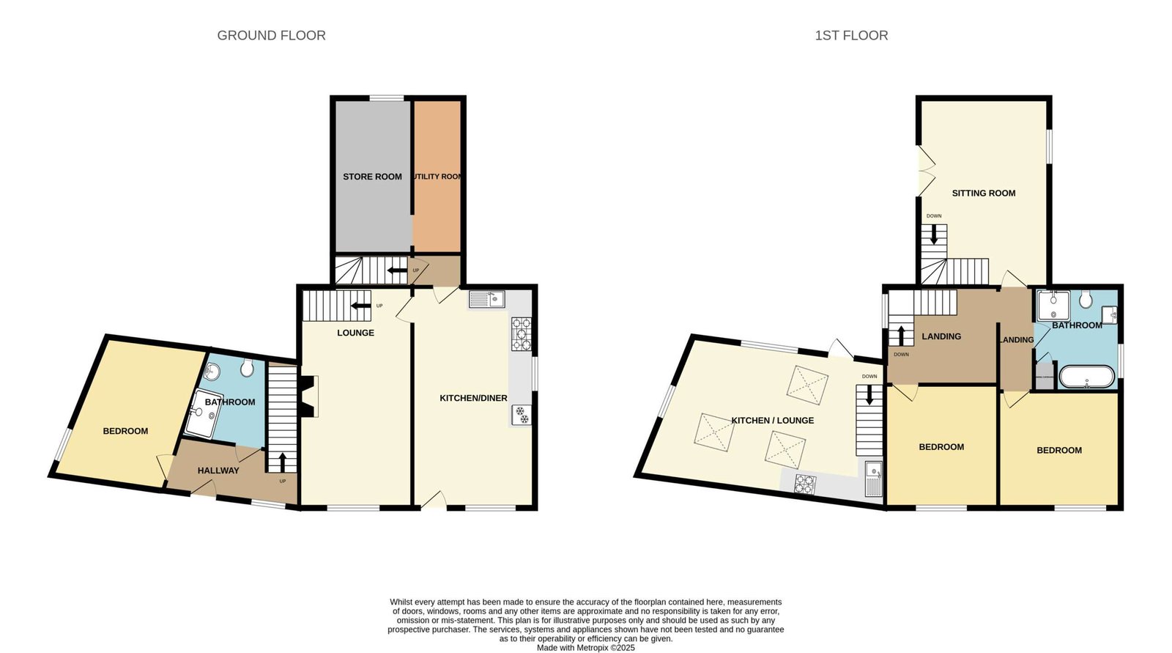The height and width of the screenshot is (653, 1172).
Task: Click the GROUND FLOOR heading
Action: pos(271,35)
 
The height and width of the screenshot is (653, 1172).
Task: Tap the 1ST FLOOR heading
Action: pos(851,35)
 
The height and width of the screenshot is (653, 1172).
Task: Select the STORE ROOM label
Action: pos(372,177)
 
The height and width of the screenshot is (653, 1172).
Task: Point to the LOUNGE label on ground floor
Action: pos(355,333)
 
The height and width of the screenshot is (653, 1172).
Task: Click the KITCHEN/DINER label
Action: pos(473,398)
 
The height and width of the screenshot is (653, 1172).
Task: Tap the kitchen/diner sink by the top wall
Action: pos(486,299)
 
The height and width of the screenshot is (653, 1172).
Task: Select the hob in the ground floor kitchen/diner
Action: pos(521,334)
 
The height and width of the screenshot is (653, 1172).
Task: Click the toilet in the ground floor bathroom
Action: pos(247,368)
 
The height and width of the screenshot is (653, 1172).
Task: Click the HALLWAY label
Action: pos(218,471)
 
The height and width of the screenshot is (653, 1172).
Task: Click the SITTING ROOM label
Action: pos(983,193)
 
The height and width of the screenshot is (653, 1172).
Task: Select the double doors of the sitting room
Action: pos(925,170)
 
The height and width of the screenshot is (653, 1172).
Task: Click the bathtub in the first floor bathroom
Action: pos(1087,377)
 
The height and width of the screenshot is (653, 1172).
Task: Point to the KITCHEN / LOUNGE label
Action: pos(772,421)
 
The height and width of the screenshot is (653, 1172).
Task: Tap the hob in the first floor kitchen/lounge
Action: pos(805,484)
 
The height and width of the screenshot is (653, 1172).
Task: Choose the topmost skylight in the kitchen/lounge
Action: pos(808,384)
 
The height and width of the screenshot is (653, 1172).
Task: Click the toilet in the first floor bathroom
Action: pos(1086,299)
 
